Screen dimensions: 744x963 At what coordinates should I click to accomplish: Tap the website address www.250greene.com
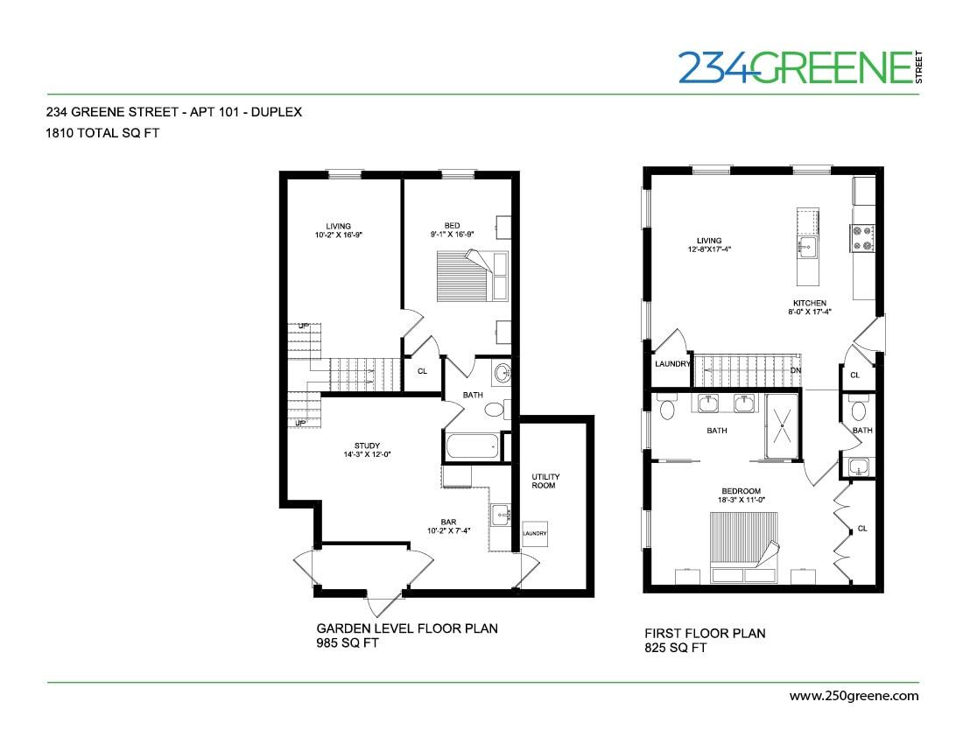pos(854,696)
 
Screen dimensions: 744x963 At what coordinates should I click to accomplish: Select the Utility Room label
pos(545,481)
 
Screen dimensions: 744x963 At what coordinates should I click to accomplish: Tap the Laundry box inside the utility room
pos(535,534)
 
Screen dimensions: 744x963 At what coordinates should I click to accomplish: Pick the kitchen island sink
pos(806,246)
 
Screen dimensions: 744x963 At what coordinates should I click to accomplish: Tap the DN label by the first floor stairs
pos(795,370)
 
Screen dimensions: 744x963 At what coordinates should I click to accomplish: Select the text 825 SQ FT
pos(675,648)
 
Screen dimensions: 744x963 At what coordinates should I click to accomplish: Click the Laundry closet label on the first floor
pos(672,364)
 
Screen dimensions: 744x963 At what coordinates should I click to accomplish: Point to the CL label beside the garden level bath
pos(422,371)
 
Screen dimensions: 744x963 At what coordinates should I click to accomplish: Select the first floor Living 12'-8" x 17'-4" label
pos(709,244)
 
